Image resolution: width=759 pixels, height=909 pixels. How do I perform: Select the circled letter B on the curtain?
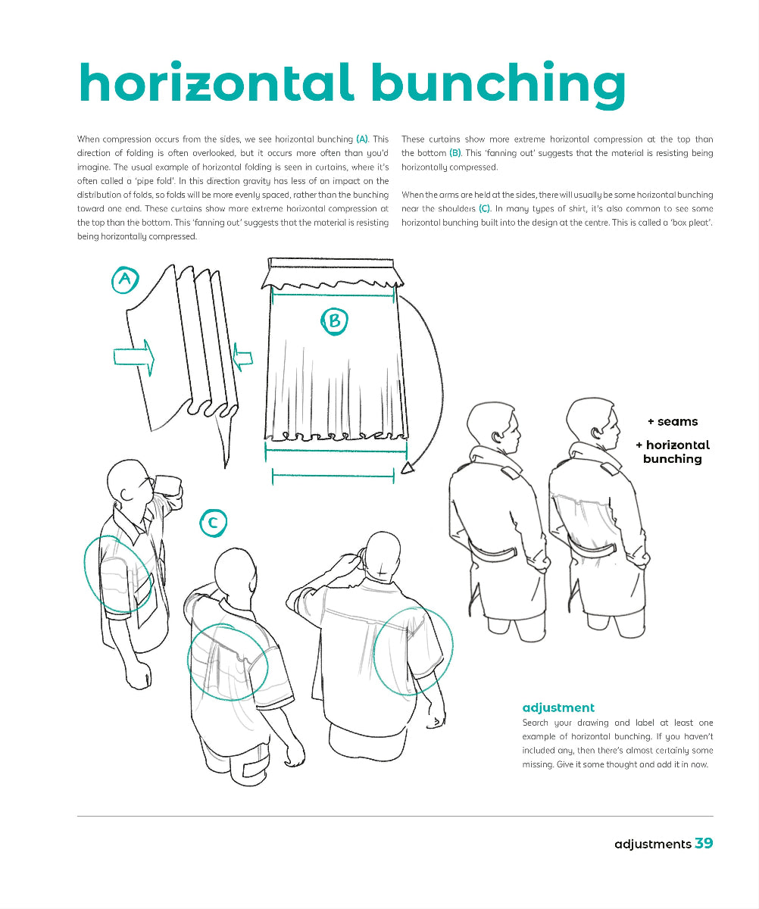pyautogui.click(x=333, y=321)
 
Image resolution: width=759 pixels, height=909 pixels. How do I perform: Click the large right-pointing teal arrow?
pyautogui.click(x=134, y=355)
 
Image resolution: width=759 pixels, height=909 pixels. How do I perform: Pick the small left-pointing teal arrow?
pyautogui.click(x=242, y=355)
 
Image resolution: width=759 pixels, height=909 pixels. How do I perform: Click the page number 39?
pyautogui.click(x=704, y=843)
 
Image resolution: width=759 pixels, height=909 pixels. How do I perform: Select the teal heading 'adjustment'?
pyautogui.click(x=558, y=708)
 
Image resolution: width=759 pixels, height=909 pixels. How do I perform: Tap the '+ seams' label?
pyautogui.click(x=672, y=421)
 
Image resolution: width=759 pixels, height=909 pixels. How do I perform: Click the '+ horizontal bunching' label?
pyautogui.click(x=672, y=451)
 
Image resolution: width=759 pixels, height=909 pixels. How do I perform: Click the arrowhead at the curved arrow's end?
pyautogui.click(x=408, y=468)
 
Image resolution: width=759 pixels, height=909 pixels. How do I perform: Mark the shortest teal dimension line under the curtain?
pyautogui.click(x=333, y=476)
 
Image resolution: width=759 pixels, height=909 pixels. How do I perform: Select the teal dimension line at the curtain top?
pyautogui.click(x=334, y=295)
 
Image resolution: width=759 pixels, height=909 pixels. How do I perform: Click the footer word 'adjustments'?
pyautogui.click(x=652, y=844)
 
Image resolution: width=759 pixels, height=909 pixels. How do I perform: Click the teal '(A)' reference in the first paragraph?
pyautogui.click(x=362, y=139)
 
